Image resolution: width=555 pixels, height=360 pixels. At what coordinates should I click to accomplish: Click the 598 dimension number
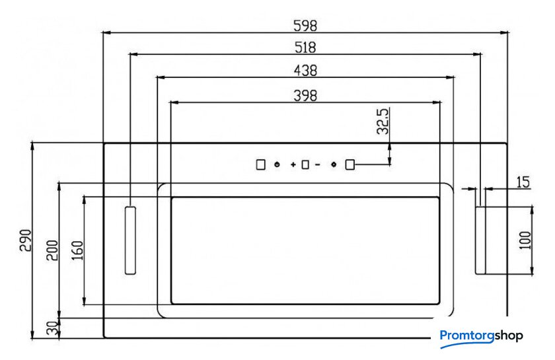305,26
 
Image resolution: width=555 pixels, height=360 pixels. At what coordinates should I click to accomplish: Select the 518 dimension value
305,48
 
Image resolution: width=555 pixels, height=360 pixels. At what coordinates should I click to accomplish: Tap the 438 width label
305,71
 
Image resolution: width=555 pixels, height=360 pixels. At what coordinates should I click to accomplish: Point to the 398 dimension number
305,96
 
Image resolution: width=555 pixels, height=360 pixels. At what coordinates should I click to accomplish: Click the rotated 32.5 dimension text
383,122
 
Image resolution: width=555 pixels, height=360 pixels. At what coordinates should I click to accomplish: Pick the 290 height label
26,240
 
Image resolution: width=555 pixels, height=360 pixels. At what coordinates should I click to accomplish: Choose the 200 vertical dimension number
52,250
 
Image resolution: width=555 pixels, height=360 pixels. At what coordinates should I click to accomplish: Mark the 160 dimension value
77,250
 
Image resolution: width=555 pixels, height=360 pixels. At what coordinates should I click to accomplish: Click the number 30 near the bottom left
52,328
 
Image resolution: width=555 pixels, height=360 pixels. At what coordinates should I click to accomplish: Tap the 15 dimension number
523,182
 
